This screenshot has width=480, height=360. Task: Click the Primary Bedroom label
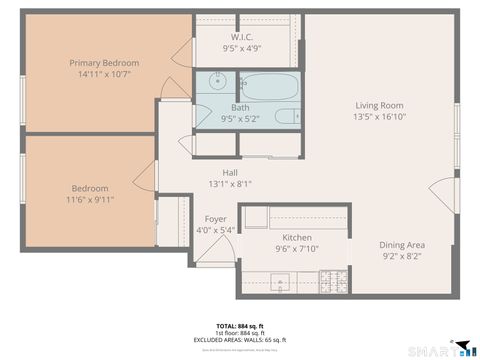click(x=104, y=63)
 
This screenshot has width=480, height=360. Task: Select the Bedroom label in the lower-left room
click(x=89, y=188)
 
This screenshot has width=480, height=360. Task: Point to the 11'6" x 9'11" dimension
click(x=89, y=200)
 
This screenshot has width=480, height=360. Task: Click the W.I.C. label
click(x=241, y=36)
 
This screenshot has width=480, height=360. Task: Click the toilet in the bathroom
click(x=286, y=116)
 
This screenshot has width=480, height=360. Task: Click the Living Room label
click(x=379, y=105)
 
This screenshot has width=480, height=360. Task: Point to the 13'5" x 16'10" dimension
click(x=379, y=117)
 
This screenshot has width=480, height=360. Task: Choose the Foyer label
click(x=215, y=218)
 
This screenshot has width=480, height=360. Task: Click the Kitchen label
click(x=296, y=237)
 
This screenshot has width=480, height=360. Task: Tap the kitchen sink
click(x=282, y=286)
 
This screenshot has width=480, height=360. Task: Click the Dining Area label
click(x=402, y=245)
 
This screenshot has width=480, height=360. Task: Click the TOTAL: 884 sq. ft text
click(x=240, y=326)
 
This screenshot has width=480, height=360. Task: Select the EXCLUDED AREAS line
click(x=240, y=341)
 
